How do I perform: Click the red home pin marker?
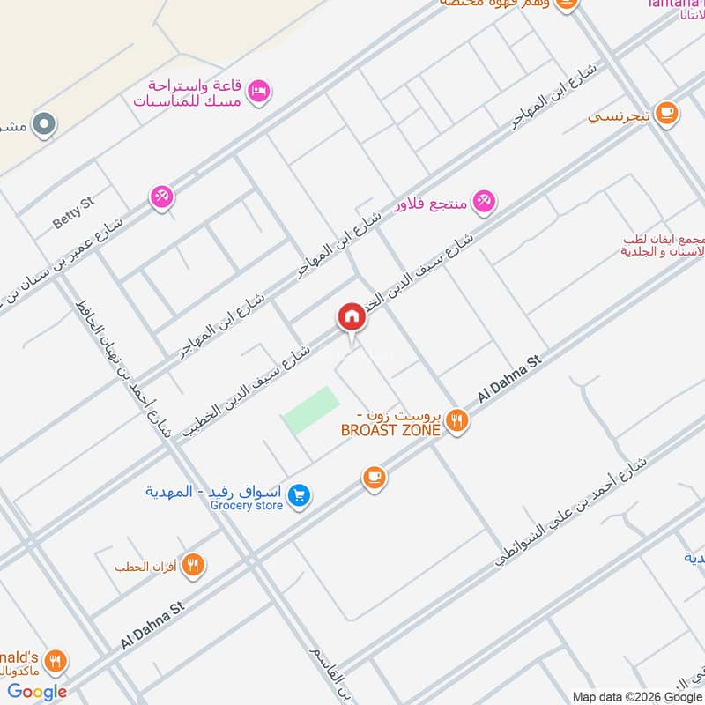point(351,317)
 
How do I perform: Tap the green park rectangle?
point(311,410)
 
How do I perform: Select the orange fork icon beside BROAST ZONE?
point(456,421)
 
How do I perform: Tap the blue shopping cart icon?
point(300,496)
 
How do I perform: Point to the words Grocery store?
point(246,506)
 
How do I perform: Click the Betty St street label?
point(73,213)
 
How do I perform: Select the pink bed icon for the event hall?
point(258,92)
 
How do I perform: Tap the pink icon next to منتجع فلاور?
point(483,202)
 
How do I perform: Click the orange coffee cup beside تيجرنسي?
point(666,114)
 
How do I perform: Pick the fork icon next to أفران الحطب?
point(193,565)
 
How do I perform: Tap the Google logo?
point(37,691)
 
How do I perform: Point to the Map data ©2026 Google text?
point(635,694)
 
